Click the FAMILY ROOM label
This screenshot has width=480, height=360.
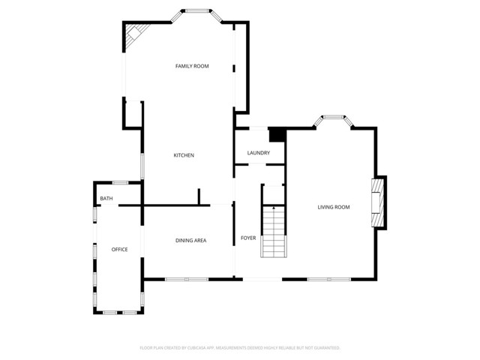pos(192,67)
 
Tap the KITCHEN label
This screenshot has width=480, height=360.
pos(184,155)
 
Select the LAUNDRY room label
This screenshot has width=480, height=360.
pos(259,154)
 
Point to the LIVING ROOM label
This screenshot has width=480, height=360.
pos(334,207)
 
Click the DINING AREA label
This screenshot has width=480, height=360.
pos(190,240)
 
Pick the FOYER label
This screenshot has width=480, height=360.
pos(248,238)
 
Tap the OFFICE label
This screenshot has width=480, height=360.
pos(120,249)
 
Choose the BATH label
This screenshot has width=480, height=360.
pos(106,199)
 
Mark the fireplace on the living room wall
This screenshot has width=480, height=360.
pos(380,202)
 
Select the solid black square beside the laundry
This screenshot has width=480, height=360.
pos(277,134)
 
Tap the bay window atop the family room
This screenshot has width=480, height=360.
pos(197,11)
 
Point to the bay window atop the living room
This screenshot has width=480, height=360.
pos(333,117)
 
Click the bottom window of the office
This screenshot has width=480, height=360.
pos(120,311)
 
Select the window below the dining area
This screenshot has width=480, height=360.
pos(186,280)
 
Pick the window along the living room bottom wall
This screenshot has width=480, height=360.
pos(328,280)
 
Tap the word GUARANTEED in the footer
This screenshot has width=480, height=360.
pos(325,348)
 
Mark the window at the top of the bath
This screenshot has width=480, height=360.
pos(120,182)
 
